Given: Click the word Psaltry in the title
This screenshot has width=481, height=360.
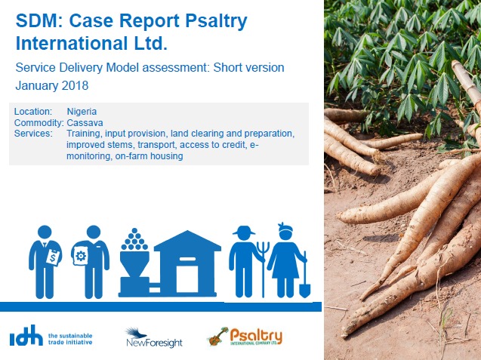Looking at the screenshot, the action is tap(216, 22).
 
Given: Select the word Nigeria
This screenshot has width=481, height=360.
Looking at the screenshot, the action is tap(82, 111).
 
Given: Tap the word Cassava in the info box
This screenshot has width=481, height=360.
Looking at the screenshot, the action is tap(85, 123).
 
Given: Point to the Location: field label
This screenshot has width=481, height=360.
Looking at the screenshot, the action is tap(33, 111).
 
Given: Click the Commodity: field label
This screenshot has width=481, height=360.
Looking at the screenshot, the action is tap(39, 123).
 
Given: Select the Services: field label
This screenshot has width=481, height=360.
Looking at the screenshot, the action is tap(33, 134).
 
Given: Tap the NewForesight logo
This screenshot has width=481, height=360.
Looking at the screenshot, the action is tap(154, 338).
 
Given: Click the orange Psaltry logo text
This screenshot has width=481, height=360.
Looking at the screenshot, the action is tap(256, 337).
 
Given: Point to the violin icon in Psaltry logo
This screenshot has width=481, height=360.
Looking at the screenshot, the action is tap(218, 337).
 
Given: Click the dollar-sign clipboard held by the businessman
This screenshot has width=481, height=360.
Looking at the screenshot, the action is tap(54, 257).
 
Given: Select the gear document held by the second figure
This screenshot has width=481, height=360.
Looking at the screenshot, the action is tap(80, 256).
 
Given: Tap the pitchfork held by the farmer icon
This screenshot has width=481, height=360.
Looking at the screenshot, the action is tap(263, 269).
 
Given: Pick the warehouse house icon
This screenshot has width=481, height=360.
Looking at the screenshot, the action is tap(187, 263).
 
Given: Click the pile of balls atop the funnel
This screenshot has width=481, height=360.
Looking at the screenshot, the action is tap(134, 239).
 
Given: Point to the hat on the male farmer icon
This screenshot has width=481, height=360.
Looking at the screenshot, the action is tap(244, 230).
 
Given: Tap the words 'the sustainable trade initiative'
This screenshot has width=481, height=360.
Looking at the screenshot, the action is tap(70, 339).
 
